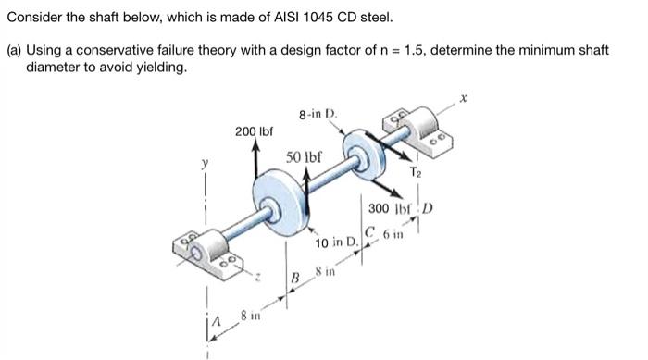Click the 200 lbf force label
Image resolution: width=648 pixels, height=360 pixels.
254,133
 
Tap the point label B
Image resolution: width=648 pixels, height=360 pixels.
297,278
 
